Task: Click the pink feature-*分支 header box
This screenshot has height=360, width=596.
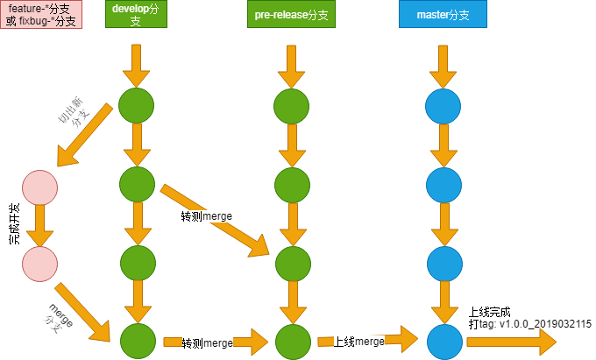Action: point(41,14)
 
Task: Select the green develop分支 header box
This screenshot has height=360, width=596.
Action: point(136,14)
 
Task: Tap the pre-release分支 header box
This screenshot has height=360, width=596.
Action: point(291,14)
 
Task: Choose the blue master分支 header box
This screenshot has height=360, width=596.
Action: point(443,14)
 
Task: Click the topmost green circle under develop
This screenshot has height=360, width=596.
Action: point(136,106)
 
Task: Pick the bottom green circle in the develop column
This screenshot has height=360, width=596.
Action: point(138,341)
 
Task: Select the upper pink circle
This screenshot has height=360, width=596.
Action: point(40,187)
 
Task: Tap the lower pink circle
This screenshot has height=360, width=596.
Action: point(40,264)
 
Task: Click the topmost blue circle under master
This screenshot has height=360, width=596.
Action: point(443,106)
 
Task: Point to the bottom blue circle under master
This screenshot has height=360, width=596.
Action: point(444,342)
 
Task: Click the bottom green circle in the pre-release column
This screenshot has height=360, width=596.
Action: point(293,342)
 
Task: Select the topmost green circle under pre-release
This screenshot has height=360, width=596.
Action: point(291,106)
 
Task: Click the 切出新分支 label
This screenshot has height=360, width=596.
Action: point(73,113)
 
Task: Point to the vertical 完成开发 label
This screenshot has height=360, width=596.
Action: point(14,224)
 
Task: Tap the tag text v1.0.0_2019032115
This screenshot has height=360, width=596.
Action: point(545,324)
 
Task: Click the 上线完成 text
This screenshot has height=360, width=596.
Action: point(489,312)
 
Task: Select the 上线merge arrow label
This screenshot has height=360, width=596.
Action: point(358,342)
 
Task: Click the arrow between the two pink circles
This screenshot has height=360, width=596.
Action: point(39,226)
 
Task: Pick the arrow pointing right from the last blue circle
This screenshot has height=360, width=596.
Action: point(512,342)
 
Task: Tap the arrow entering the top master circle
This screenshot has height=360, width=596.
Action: point(443,67)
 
